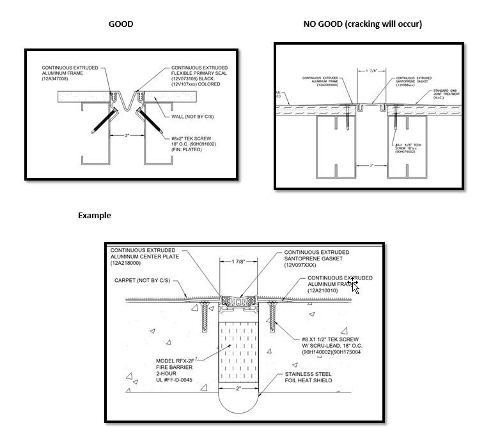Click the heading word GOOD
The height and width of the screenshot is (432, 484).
(121, 24)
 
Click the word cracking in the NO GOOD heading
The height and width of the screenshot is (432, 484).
(359, 24)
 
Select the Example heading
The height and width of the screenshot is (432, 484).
(95, 215)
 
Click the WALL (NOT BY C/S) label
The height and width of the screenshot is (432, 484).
(191, 117)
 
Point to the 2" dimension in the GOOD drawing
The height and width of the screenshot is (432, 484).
(127, 136)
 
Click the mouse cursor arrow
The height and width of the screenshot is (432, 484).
(355, 286)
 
